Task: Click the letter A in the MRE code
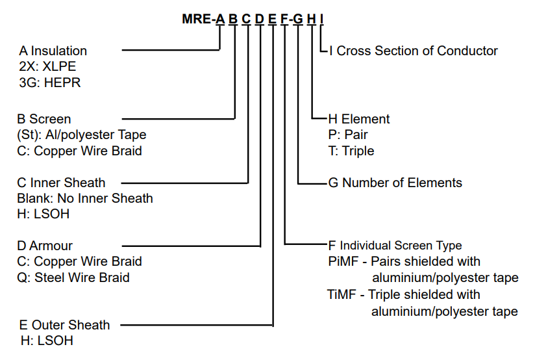(x=220, y=19)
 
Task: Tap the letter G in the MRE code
(x=297, y=19)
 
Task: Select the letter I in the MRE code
(x=322, y=19)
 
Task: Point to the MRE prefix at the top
(x=197, y=19)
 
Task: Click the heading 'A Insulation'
(x=53, y=51)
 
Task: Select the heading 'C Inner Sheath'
(x=61, y=183)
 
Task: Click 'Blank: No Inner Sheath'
(x=85, y=198)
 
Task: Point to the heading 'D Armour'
(x=45, y=246)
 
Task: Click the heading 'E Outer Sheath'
(x=65, y=325)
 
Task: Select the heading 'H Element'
(x=359, y=119)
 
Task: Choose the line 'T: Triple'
(x=351, y=151)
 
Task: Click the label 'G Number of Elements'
(x=395, y=183)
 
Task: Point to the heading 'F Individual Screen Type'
(x=395, y=246)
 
